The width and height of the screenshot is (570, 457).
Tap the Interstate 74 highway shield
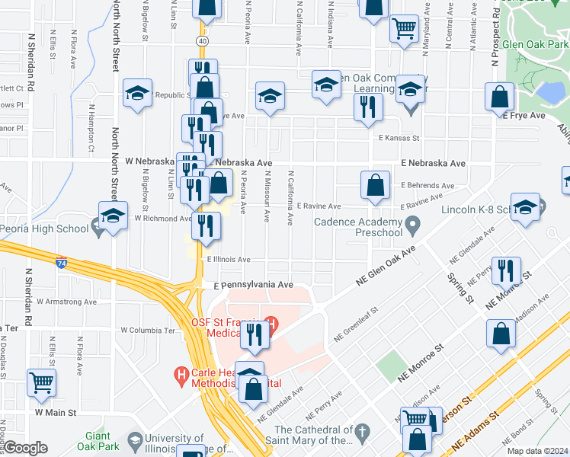coord(60,263)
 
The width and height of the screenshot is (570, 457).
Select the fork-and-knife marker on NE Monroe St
coord(505,270)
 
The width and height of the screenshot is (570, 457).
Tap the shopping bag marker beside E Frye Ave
coord(500,97)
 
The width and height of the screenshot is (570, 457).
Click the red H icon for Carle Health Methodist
coord(181,375)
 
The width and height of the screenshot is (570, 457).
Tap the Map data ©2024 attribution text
coord(537,451)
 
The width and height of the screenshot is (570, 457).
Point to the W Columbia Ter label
coord(148,331)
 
